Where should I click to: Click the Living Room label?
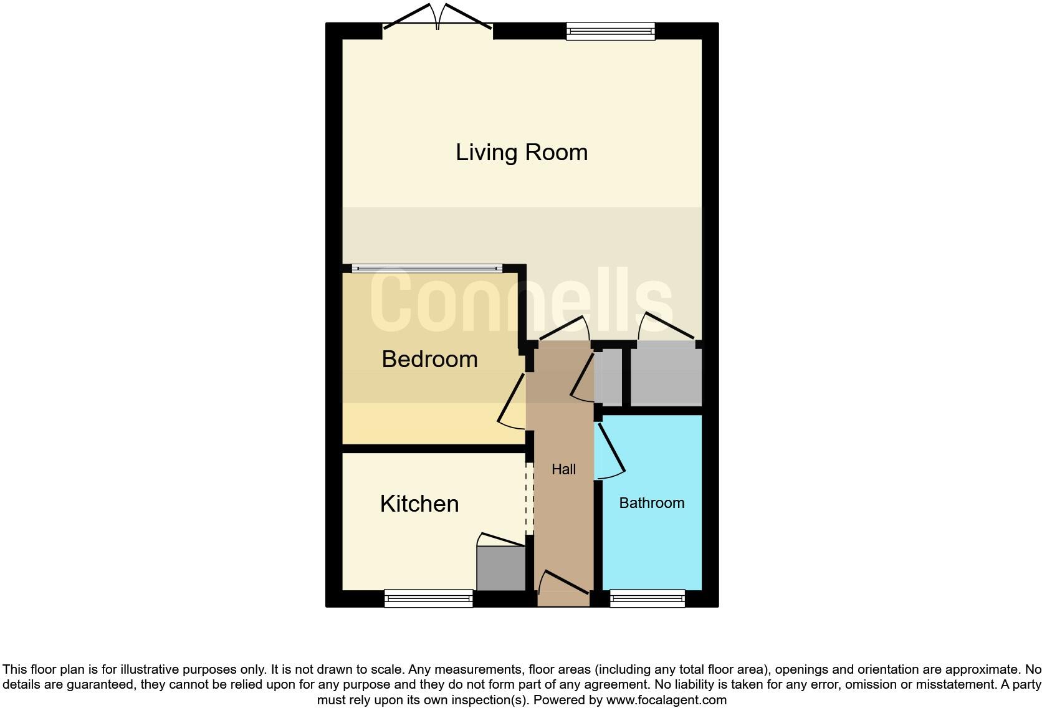coord(522,153)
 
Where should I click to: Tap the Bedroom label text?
coord(429,359)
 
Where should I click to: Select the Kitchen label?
coord(419,504)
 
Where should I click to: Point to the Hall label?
coord(563,469)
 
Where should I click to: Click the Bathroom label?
coord(651,503)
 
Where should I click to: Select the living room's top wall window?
coord(610,31)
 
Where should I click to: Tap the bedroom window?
coord(427,269)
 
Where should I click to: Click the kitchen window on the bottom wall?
coord(428,599)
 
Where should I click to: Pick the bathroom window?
coord(647,599)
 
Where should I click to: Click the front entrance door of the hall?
coord(563,586)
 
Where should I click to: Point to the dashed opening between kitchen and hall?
coord(529,498)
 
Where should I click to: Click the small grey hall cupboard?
coord(608,378)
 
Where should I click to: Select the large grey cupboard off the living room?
coord(666,378)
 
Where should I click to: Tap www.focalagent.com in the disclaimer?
coord(666,700)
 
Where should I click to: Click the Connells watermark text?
coord(522,301)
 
